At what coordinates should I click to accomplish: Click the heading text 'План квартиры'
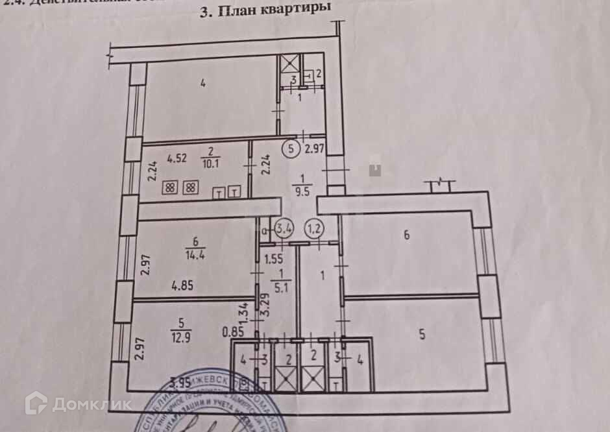(273, 10)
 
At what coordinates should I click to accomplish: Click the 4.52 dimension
(177, 157)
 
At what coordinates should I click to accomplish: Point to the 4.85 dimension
(167, 283)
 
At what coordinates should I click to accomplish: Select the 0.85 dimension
(232, 332)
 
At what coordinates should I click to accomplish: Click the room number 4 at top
(203, 82)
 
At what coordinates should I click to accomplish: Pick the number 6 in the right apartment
(406, 235)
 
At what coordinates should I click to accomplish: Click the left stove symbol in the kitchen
(170, 188)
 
